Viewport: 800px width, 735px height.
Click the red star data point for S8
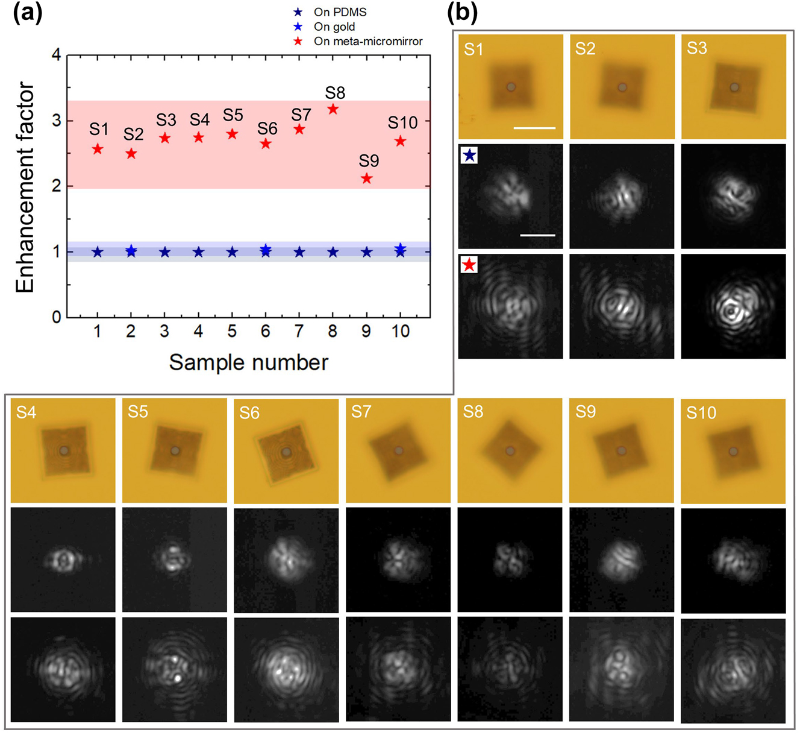(333, 109)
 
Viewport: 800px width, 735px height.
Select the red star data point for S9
(366, 178)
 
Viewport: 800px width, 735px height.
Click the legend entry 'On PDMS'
(339, 12)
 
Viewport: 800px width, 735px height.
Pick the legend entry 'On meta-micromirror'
(367, 42)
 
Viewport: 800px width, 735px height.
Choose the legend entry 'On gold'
(334, 27)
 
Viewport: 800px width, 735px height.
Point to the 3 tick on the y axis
(57, 121)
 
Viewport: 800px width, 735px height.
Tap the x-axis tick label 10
(400, 331)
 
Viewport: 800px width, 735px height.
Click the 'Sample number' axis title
(248, 362)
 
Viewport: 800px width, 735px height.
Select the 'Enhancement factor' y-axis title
(25, 187)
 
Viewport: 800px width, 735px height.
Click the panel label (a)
(28, 13)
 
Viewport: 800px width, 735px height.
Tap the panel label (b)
(463, 13)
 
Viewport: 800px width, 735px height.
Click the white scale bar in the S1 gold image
(534, 128)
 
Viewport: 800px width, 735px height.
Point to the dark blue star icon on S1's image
(469, 156)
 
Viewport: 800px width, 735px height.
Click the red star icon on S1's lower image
(469, 265)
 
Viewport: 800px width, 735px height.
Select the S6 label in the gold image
(249, 413)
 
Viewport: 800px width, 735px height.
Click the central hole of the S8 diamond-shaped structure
(510, 451)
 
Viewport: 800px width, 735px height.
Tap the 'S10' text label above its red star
(402, 123)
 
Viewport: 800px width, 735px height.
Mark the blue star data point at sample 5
(232, 252)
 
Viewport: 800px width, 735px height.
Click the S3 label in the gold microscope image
(697, 49)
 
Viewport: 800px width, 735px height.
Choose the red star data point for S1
(98, 149)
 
